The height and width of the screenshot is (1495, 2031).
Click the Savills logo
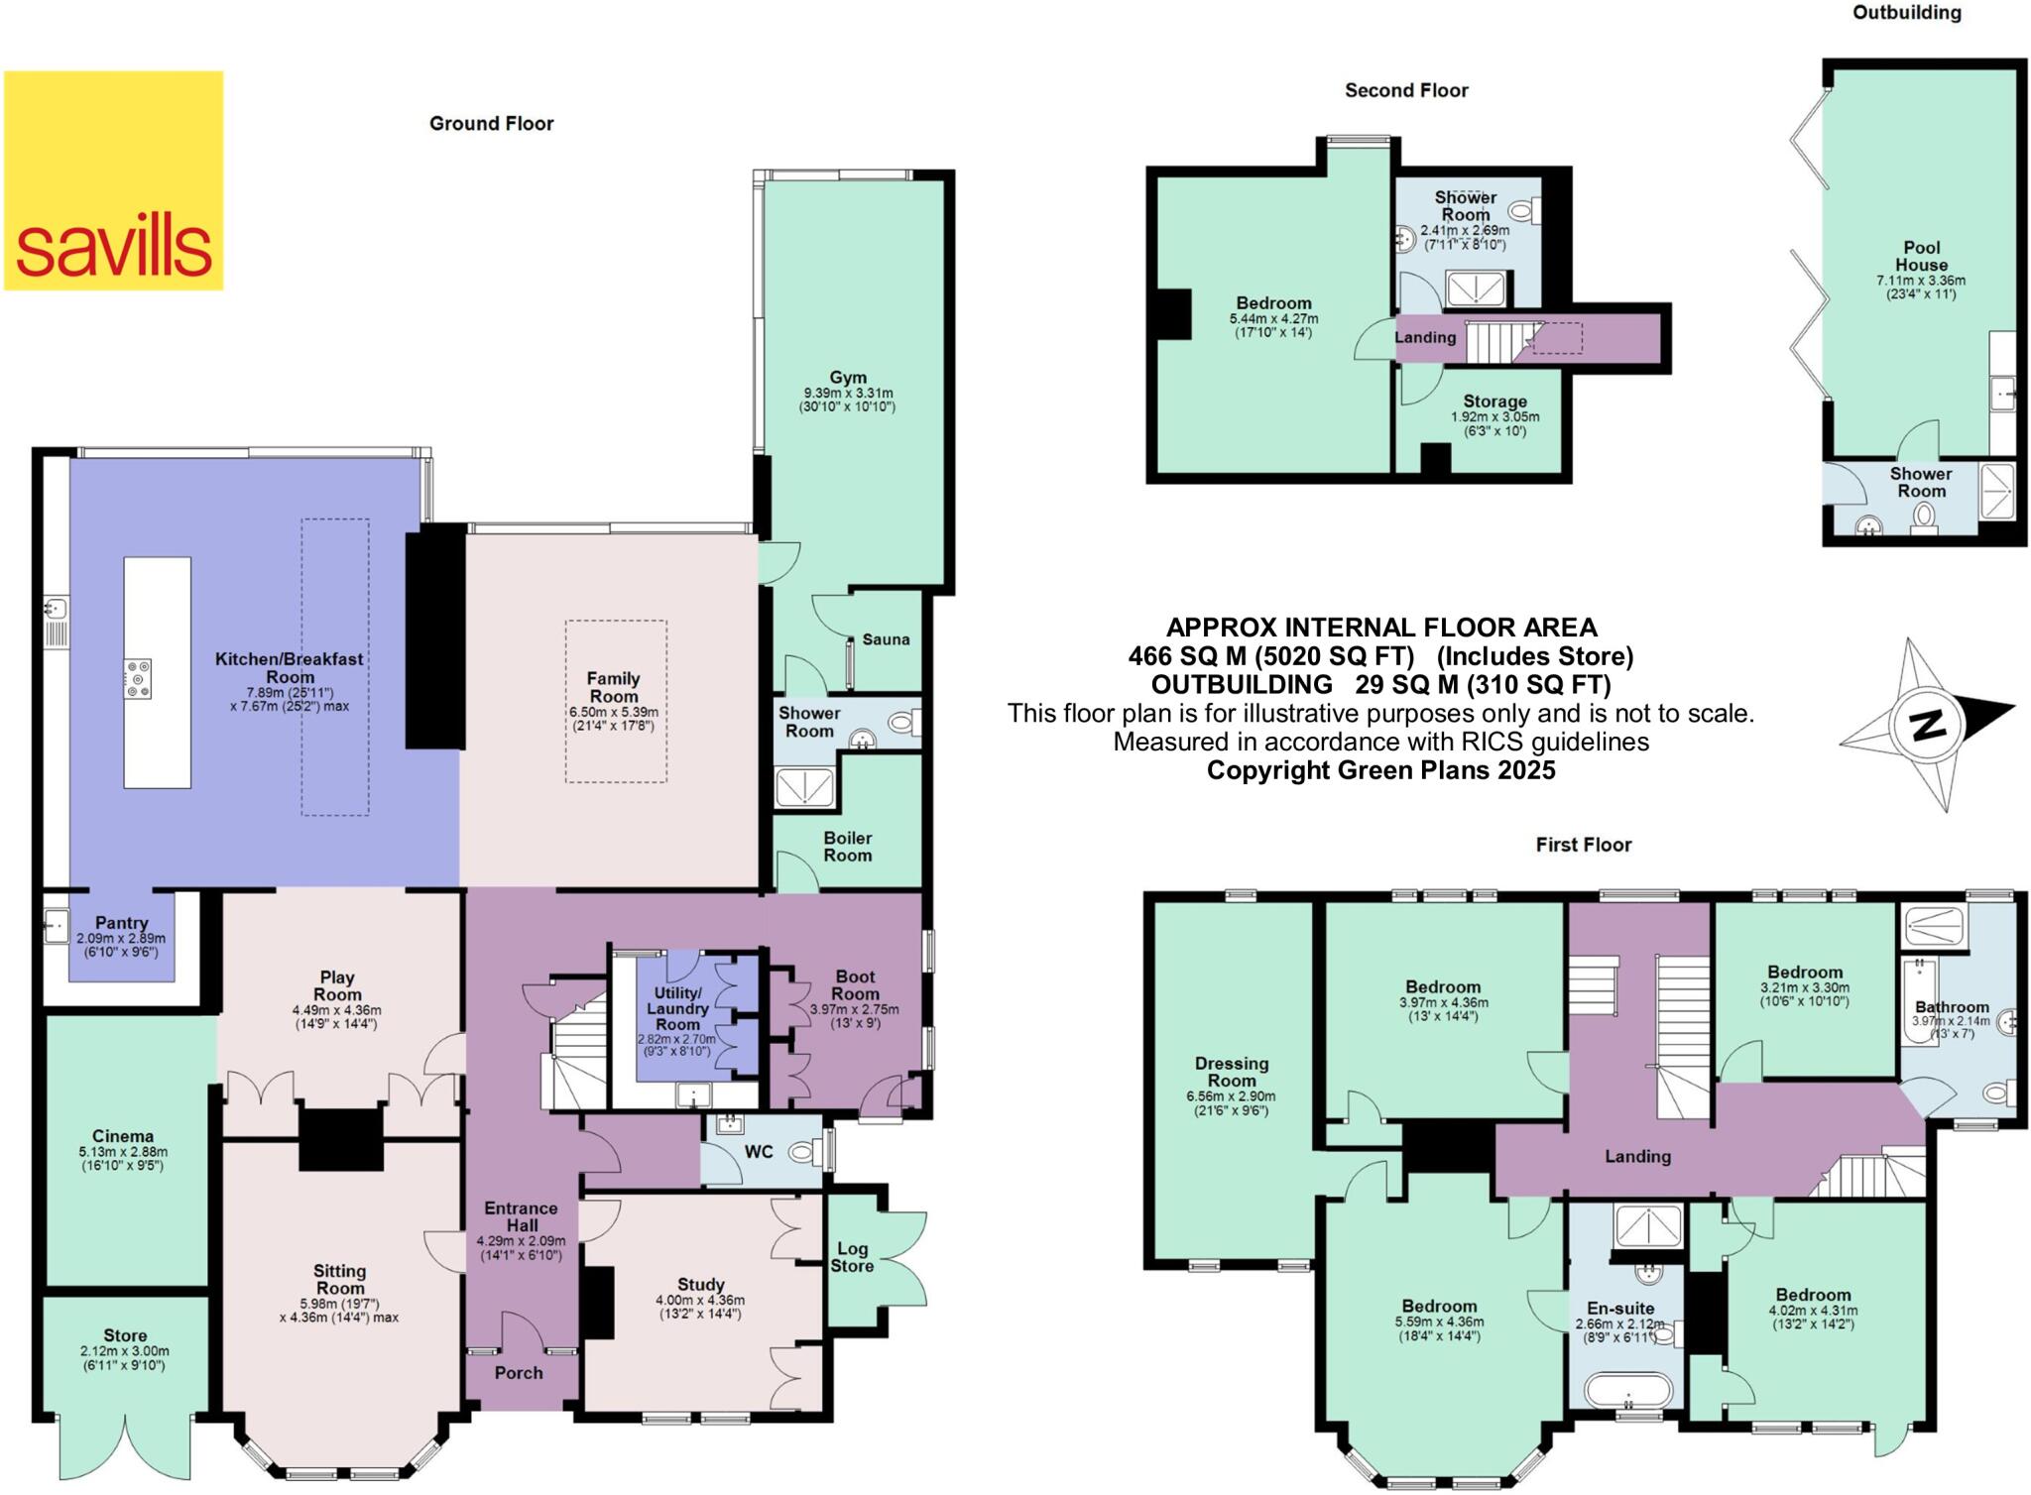tap(113, 180)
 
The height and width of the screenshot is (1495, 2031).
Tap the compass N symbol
tap(1927, 726)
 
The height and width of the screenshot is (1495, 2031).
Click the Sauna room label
tap(885, 639)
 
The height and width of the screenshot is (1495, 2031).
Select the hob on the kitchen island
tap(138, 679)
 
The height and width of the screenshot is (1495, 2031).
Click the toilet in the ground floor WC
tap(803, 1153)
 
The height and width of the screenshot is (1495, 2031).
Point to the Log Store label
tap(852, 1257)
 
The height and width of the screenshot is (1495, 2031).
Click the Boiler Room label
tap(847, 847)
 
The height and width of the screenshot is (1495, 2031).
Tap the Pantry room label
tap(121, 923)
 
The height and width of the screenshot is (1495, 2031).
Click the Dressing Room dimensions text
tap(1231, 1103)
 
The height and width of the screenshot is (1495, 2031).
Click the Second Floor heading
tap(1405, 90)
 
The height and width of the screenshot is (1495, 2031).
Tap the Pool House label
tap(1921, 256)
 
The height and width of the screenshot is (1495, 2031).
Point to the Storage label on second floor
tap(1494, 402)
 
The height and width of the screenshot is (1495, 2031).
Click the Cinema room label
tap(123, 1136)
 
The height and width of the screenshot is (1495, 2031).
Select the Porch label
tap(519, 1373)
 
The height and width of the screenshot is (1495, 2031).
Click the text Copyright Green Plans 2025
tap(1380, 770)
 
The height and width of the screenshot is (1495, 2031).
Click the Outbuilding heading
tap(1906, 13)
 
